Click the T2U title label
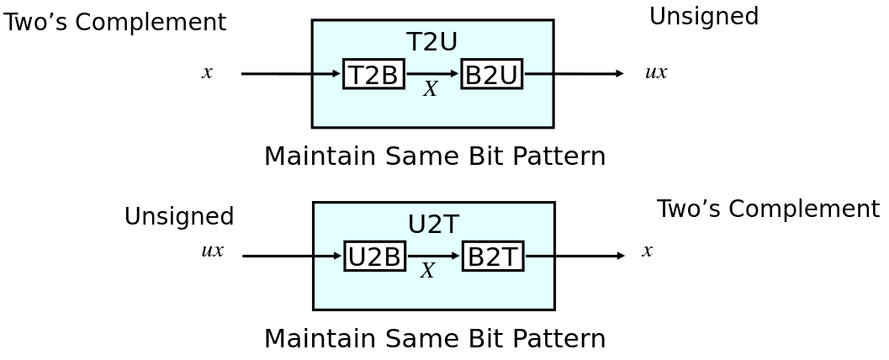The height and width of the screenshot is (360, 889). point(432,43)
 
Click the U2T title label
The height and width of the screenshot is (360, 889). point(433,225)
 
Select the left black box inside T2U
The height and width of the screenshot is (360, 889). point(373,74)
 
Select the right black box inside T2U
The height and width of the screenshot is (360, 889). point(491,74)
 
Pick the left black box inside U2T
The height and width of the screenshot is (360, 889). point(374,256)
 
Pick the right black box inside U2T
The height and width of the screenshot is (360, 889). point(492,256)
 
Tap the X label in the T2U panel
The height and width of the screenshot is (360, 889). point(431,89)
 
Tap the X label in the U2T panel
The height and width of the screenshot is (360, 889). point(427,271)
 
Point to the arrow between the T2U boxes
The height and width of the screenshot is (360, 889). point(432,74)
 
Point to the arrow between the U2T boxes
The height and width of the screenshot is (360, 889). point(433,256)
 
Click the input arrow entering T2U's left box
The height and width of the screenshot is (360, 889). point(327,74)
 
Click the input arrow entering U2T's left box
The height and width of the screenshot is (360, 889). point(328,256)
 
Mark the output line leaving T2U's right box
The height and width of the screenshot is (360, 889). point(537,74)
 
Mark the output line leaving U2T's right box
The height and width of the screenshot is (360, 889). point(539,256)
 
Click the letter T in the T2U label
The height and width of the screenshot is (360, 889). point(415,43)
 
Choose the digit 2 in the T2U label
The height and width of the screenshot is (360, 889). point(431,43)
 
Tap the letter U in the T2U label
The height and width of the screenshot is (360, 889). point(449,43)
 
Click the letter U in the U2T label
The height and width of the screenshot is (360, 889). point(417,225)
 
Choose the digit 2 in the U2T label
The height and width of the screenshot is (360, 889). point(434,225)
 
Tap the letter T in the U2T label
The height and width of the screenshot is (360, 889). point(451,225)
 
